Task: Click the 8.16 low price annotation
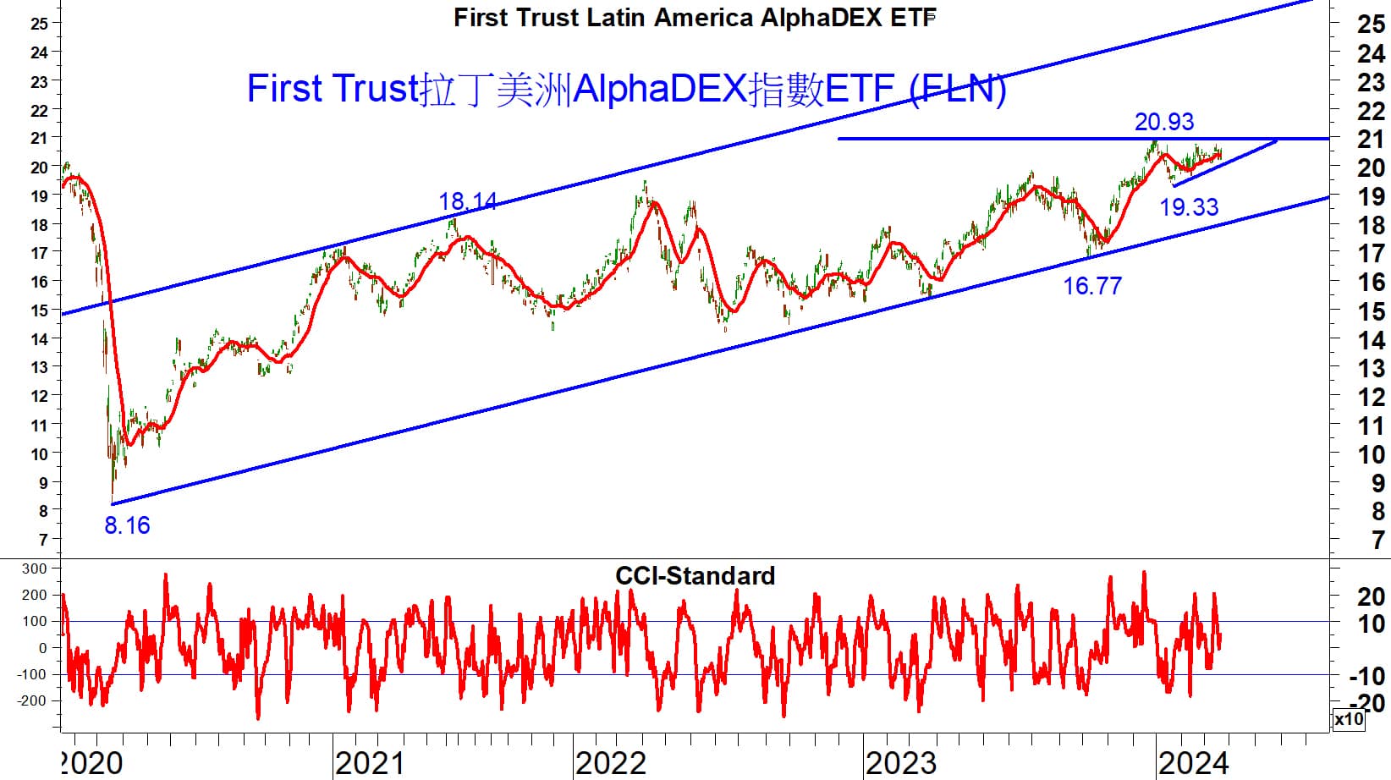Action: click(127, 525)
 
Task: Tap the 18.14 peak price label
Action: click(467, 201)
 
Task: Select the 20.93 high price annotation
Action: click(1163, 122)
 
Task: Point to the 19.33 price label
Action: click(1188, 206)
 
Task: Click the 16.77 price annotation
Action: click(1091, 286)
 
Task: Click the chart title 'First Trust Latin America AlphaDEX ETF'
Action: click(695, 17)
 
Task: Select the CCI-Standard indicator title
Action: click(695, 576)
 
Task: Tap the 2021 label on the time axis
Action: click(370, 764)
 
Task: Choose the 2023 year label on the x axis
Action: click(900, 764)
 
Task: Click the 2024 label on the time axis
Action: click(1192, 764)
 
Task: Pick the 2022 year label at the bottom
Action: click(610, 764)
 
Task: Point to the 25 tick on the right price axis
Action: click(1371, 25)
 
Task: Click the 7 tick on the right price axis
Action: click(1379, 540)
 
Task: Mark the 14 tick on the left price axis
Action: click(39, 338)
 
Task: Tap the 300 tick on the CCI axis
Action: click(35, 569)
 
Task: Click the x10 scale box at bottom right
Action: click(1349, 719)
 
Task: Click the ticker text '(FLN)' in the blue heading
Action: click(958, 89)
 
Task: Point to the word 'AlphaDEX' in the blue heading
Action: click(660, 89)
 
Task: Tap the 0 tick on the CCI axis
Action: click(43, 648)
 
